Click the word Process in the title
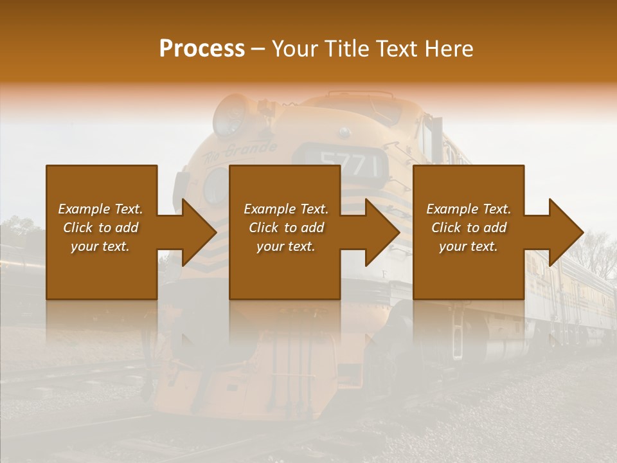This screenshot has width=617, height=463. pos(202,49)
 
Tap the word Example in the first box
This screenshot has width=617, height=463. pos(84,209)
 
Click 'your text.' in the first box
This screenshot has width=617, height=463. pos(100,246)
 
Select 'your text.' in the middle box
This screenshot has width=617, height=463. pos(286,246)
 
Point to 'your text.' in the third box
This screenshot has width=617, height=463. pos(469,246)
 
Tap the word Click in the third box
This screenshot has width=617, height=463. pos(445,228)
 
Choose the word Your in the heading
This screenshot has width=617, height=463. pos(293,49)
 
